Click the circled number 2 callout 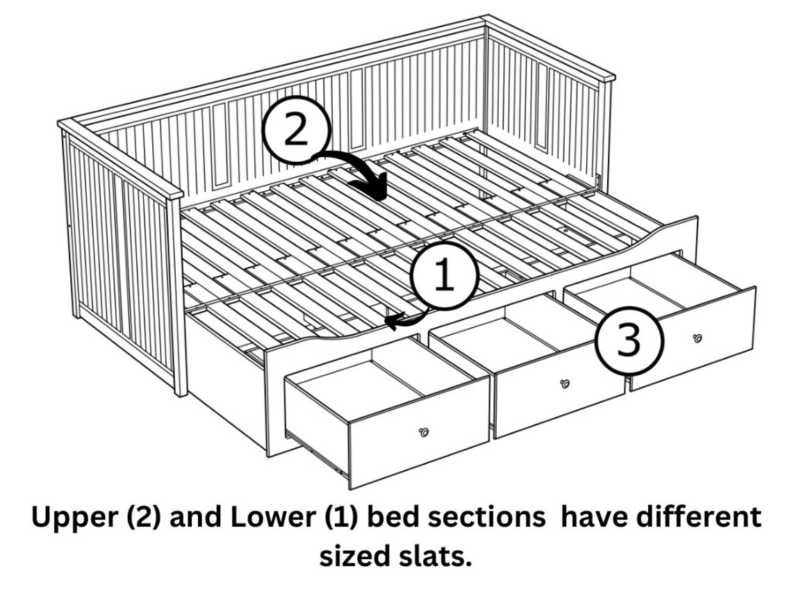(297, 130)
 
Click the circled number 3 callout (629, 340)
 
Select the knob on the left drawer (424, 432)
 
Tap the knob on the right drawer (697, 338)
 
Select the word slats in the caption (436, 556)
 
